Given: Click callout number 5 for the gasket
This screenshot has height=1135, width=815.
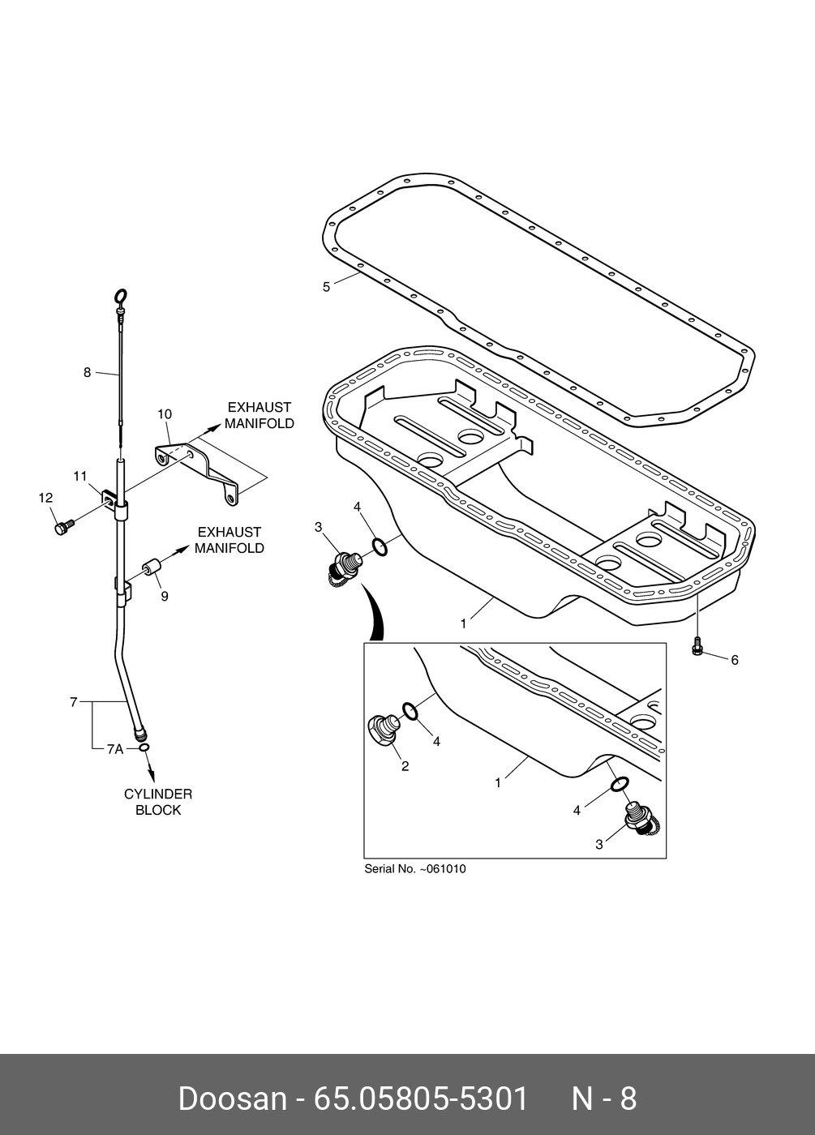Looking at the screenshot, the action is (x=326, y=287).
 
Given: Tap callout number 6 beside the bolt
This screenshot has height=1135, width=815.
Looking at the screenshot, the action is (x=735, y=661).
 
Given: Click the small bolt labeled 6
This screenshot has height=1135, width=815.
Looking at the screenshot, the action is (x=697, y=648).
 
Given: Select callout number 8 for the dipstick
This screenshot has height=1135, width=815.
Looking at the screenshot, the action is (x=87, y=373).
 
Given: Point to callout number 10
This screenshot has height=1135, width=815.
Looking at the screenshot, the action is (x=164, y=414).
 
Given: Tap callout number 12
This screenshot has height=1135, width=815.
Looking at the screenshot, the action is (x=45, y=498).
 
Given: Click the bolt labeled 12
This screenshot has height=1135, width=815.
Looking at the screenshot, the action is (x=62, y=528).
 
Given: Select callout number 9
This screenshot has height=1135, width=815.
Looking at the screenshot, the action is (x=164, y=596).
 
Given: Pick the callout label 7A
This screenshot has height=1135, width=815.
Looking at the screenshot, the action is (x=114, y=750).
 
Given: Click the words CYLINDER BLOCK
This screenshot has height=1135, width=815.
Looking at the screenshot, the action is (x=158, y=802).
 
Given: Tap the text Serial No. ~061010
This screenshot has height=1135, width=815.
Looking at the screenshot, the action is (x=415, y=869).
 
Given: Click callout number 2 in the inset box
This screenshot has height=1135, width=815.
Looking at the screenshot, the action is (x=405, y=766).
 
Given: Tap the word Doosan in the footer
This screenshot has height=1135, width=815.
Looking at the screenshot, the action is (x=232, y=1099).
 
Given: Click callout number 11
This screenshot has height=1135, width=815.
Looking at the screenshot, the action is (x=79, y=477).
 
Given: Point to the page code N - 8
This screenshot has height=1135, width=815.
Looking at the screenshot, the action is (x=604, y=1099).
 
